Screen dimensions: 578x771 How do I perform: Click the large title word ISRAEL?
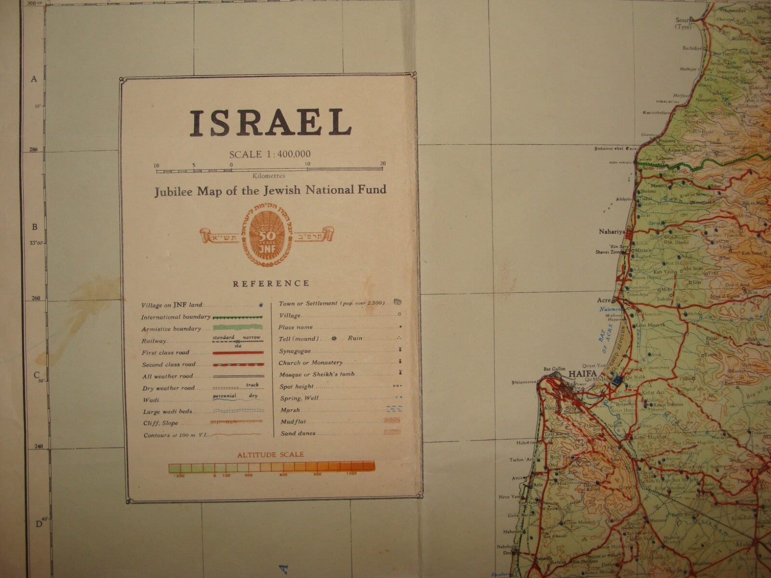tap(270, 123)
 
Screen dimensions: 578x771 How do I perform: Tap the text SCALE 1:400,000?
tap(270, 155)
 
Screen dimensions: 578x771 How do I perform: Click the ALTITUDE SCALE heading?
tap(270, 454)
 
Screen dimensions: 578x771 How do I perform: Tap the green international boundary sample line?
tap(238, 317)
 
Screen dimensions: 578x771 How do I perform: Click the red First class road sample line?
tap(238, 353)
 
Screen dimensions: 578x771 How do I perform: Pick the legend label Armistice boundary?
tap(171, 329)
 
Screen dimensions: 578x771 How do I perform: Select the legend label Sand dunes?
tap(298, 433)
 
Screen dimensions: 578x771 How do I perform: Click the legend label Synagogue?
tap(295, 352)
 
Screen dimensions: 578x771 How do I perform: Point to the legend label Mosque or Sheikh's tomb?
tap(317, 375)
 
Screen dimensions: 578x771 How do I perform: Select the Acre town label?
tap(603, 300)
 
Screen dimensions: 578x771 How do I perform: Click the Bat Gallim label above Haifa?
tap(553, 369)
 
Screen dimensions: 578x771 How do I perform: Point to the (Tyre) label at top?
tap(683, 27)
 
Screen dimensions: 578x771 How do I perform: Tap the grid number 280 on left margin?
tap(33, 150)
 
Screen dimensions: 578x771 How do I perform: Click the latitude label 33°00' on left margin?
tap(36, 243)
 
